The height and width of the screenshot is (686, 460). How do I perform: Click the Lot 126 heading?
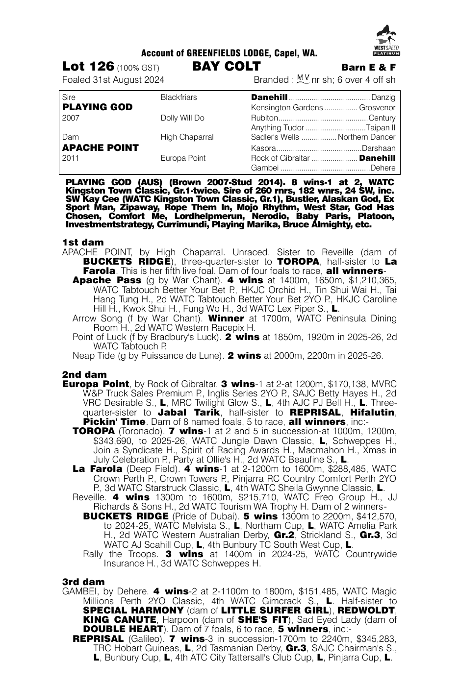(88, 67)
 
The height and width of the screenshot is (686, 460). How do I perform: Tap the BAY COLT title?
(226, 67)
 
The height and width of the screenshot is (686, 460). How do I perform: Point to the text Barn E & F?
(368, 68)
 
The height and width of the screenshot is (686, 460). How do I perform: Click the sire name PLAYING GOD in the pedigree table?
(98, 107)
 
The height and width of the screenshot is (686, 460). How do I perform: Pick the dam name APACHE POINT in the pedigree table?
(101, 147)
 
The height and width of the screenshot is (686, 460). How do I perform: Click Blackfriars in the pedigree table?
(179, 98)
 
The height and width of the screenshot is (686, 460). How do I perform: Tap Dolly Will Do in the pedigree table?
(182, 118)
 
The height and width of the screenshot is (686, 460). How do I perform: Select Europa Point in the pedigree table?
(183, 158)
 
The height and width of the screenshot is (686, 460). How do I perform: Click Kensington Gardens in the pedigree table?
(287, 108)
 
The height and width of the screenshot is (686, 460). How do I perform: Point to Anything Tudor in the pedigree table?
(277, 128)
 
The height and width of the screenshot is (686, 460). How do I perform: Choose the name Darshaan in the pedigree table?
(378, 148)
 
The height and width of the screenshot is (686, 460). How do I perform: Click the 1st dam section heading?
(83, 243)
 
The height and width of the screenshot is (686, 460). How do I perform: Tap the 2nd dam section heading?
(84, 375)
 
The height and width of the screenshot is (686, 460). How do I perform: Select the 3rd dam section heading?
(83, 582)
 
